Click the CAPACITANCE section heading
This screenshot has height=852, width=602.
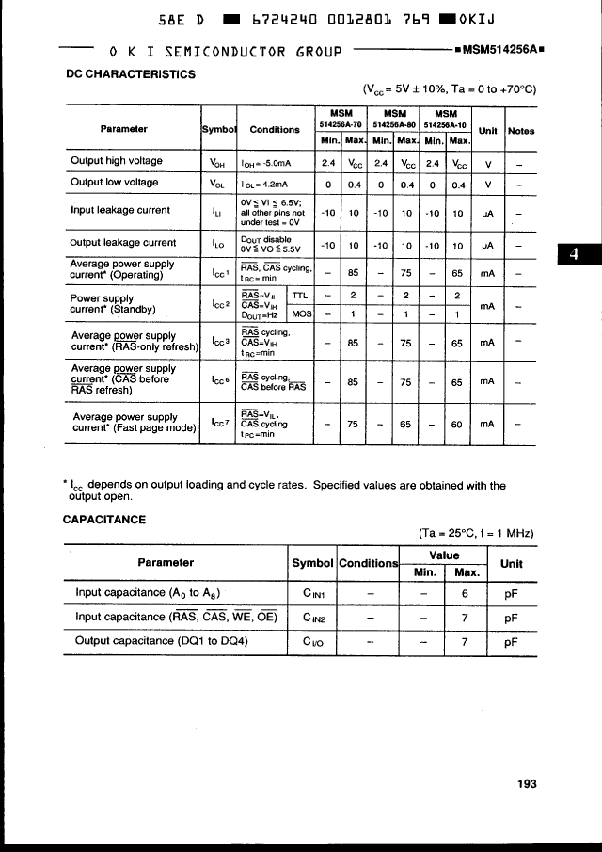click(103, 519)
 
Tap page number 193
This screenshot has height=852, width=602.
click(526, 783)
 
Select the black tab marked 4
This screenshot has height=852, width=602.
click(576, 256)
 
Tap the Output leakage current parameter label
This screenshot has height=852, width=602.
click(123, 242)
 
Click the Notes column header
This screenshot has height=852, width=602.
click(521, 130)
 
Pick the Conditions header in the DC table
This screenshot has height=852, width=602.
click(275, 130)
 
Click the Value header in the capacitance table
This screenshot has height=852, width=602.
click(443, 555)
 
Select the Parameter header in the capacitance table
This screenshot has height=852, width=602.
click(166, 562)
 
